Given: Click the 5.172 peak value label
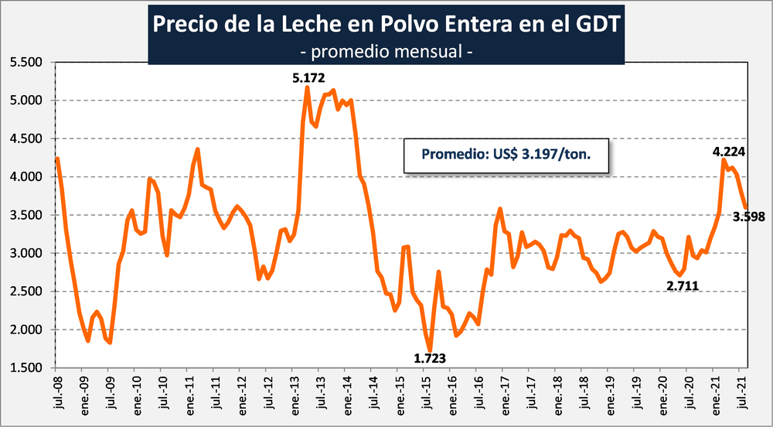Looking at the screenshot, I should [x=308, y=77].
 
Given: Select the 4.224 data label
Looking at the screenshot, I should [x=728, y=151].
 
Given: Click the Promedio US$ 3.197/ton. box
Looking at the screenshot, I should [x=506, y=154].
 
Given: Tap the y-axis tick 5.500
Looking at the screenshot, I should [x=27, y=63].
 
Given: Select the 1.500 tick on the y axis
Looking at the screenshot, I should [x=27, y=368].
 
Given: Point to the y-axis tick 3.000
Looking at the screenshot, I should [x=27, y=254].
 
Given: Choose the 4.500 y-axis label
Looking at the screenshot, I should [x=27, y=139].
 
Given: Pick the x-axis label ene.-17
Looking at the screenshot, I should [x=505, y=395].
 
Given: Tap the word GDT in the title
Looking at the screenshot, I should [x=598, y=23].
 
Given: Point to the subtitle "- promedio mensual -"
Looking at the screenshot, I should [x=386, y=52].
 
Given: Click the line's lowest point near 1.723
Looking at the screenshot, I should [x=430, y=350].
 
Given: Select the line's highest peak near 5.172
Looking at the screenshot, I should [x=308, y=87].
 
